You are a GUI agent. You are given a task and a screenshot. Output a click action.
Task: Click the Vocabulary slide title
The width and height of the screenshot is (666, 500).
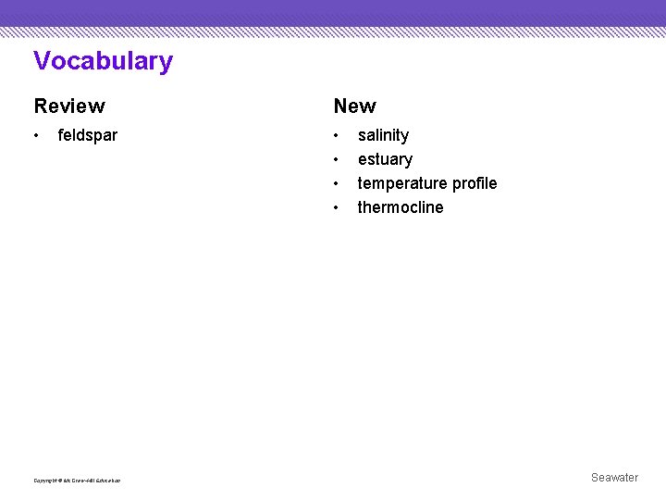[x=103, y=61]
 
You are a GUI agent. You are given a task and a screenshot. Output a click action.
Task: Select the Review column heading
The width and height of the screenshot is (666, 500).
[x=69, y=106]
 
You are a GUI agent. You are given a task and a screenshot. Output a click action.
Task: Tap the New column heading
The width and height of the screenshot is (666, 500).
[x=354, y=106]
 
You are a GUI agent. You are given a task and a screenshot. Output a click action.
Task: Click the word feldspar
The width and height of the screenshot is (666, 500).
[x=88, y=135]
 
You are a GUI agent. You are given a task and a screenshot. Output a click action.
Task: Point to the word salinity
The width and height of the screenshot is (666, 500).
[x=383, y=135]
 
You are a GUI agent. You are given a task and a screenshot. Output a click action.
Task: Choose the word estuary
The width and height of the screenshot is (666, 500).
[x=385, y=159]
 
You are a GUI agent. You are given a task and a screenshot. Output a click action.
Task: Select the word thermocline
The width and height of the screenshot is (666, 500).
[x=401, y=207]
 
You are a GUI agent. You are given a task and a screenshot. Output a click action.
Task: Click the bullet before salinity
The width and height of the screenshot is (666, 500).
[x=337, y=136]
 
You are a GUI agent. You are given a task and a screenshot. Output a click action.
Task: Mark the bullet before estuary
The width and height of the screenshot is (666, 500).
[x=337, y=160]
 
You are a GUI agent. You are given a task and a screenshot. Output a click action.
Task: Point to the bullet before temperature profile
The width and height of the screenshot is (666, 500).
[x=337, y=184]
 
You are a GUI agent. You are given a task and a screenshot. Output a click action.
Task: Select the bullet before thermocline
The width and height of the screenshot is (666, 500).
[x=337, y=208]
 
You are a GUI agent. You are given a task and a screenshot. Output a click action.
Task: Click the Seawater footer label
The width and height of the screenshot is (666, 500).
[x=614, y=478]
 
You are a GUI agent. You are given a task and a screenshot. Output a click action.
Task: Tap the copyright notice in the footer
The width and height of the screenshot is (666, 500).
[x=77, y=480]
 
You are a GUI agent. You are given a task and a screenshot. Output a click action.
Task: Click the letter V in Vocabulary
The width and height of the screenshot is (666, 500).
[x=42, y=61]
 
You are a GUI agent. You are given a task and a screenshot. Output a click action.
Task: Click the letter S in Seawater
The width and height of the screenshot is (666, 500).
[x=595, y=478]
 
